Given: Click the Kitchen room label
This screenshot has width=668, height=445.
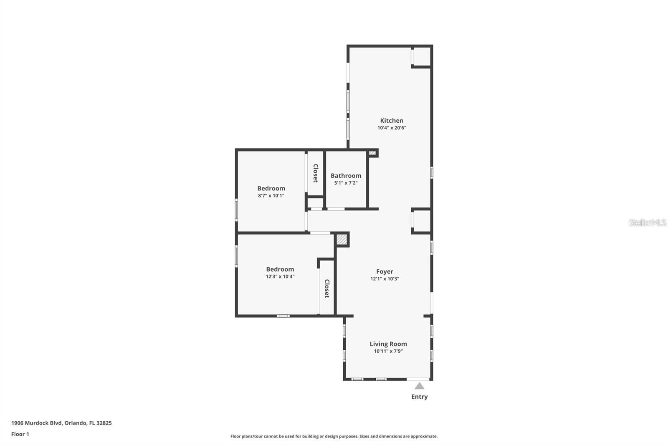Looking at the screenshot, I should [x=392, y=121].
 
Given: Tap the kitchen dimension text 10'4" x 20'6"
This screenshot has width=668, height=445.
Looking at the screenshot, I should [x=392, y=128].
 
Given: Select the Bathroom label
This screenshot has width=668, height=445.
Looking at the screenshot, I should [x=346, y=176].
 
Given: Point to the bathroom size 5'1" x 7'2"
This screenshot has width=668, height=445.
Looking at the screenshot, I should [x=346, y=183].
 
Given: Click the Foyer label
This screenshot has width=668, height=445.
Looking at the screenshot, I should [x=385, y=272].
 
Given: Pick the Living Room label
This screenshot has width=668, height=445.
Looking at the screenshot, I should [x=388, y=344].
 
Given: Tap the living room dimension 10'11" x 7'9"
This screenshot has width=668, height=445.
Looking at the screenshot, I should [x=388, y=351].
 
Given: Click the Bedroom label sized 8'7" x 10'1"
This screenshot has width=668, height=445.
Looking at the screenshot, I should [x=271, y=188].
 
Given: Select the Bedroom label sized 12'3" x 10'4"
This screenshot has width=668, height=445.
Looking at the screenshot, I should [x=280, y=269].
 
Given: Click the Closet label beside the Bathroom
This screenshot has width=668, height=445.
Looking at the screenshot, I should [x=316, y=173].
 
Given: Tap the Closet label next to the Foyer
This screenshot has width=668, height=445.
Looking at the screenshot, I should [x=327, y=288].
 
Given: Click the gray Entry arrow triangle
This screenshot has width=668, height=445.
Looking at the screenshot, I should [x=419, y=386].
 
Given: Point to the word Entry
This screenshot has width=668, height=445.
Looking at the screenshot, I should [x=419, y=397].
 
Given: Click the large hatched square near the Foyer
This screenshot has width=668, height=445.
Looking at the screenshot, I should [x=342, y=240].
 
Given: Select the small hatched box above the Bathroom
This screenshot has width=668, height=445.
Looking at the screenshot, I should [x=372, y=153].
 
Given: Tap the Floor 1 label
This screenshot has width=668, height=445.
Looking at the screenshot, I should [x=20, y=434].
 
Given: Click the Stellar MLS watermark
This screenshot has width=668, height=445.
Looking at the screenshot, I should [x=647, y=222].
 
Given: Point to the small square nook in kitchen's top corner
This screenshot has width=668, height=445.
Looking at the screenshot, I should [x=422, y=56].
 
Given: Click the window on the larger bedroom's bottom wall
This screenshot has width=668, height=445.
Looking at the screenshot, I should [x=283, y=316].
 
